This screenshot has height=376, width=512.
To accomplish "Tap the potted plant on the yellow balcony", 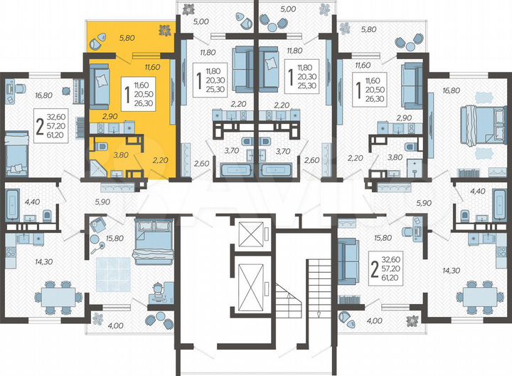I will click(164, 30).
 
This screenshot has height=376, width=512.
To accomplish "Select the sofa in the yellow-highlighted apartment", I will click(99, 85).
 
